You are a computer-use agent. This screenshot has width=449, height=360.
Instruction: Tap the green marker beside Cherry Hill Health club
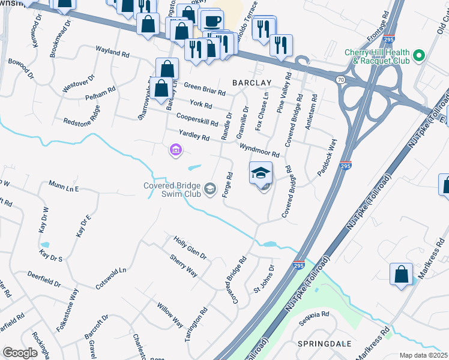coord(420,57)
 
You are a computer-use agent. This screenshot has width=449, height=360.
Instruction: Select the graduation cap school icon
coord(261,173)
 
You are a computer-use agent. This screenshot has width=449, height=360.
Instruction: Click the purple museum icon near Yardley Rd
coord(175,149)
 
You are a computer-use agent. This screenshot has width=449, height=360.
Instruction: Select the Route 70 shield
coord(341,79)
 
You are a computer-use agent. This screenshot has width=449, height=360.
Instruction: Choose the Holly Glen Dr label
coord(190,247)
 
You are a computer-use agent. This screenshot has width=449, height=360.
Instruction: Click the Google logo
coord(20,353)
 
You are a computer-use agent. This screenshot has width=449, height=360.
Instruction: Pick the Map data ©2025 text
coord(424,355)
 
